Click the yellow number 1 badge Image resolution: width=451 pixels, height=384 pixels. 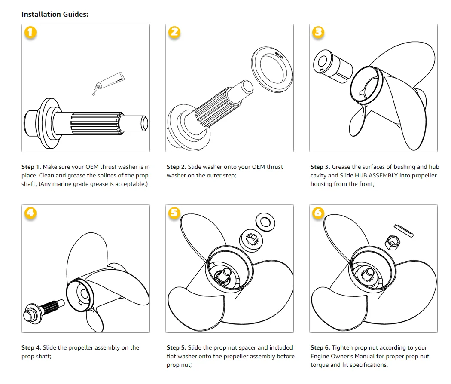coord(30,33)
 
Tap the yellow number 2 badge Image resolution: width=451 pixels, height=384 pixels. coord(174,33)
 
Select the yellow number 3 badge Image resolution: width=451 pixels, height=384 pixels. coord(318,33)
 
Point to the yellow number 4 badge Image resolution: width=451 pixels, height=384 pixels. coord(30,213)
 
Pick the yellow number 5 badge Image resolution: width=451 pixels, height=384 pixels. coord(174,213)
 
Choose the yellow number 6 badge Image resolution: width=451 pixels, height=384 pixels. coord(318,213)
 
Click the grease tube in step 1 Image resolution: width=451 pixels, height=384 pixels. coord(110,81)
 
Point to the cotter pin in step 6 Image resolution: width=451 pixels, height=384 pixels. coord(404,230)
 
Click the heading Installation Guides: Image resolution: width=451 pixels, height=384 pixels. coord(55,14)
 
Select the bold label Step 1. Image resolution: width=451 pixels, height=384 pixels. coord(31,167)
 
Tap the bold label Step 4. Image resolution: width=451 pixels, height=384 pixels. coord(31,347)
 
